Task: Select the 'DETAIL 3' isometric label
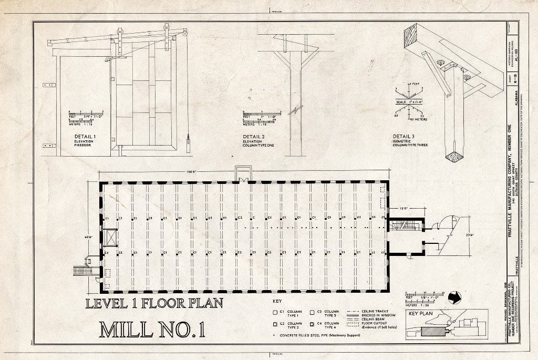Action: pyautogui.click(x=405, y=136)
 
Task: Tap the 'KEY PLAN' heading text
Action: pyautogui.click(x=420, y=315)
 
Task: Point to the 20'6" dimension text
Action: pyautogui.click(x=469, y=235)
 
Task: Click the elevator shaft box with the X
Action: pyautogui.click(x=111, y=237)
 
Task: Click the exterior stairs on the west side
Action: pyautogui.click(x=82, y=270)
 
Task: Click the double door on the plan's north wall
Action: pyautogui.click(x=243, y=179)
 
